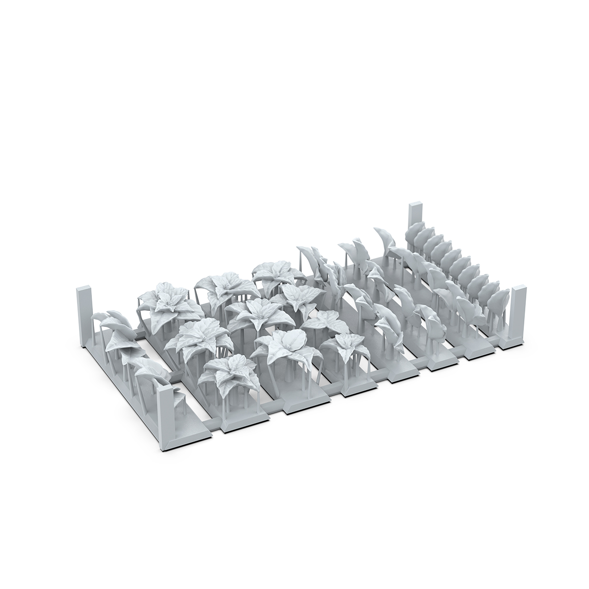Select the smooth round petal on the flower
coord(292,338)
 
